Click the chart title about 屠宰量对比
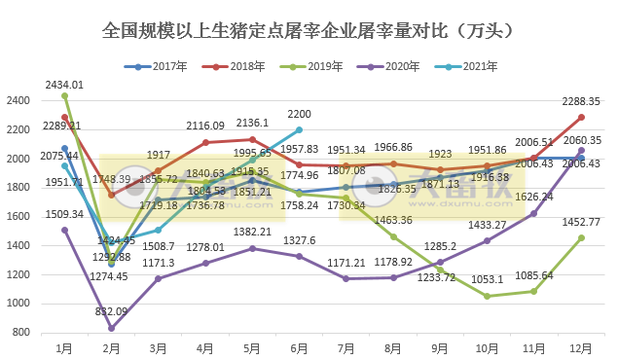[309, 31]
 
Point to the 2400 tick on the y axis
[19, 100]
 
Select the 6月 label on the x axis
[299, 347]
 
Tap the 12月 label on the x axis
[581, 347]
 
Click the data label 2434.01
[64, 85]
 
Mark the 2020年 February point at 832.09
[112, 328]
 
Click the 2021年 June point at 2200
[299, 129]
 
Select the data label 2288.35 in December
[581, 101]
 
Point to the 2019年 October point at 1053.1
[487, 296]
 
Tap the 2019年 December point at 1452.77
[581, 237]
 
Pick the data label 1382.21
[252, 232]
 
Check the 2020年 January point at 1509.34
[65, 230]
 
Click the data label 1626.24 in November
[533, 197]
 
